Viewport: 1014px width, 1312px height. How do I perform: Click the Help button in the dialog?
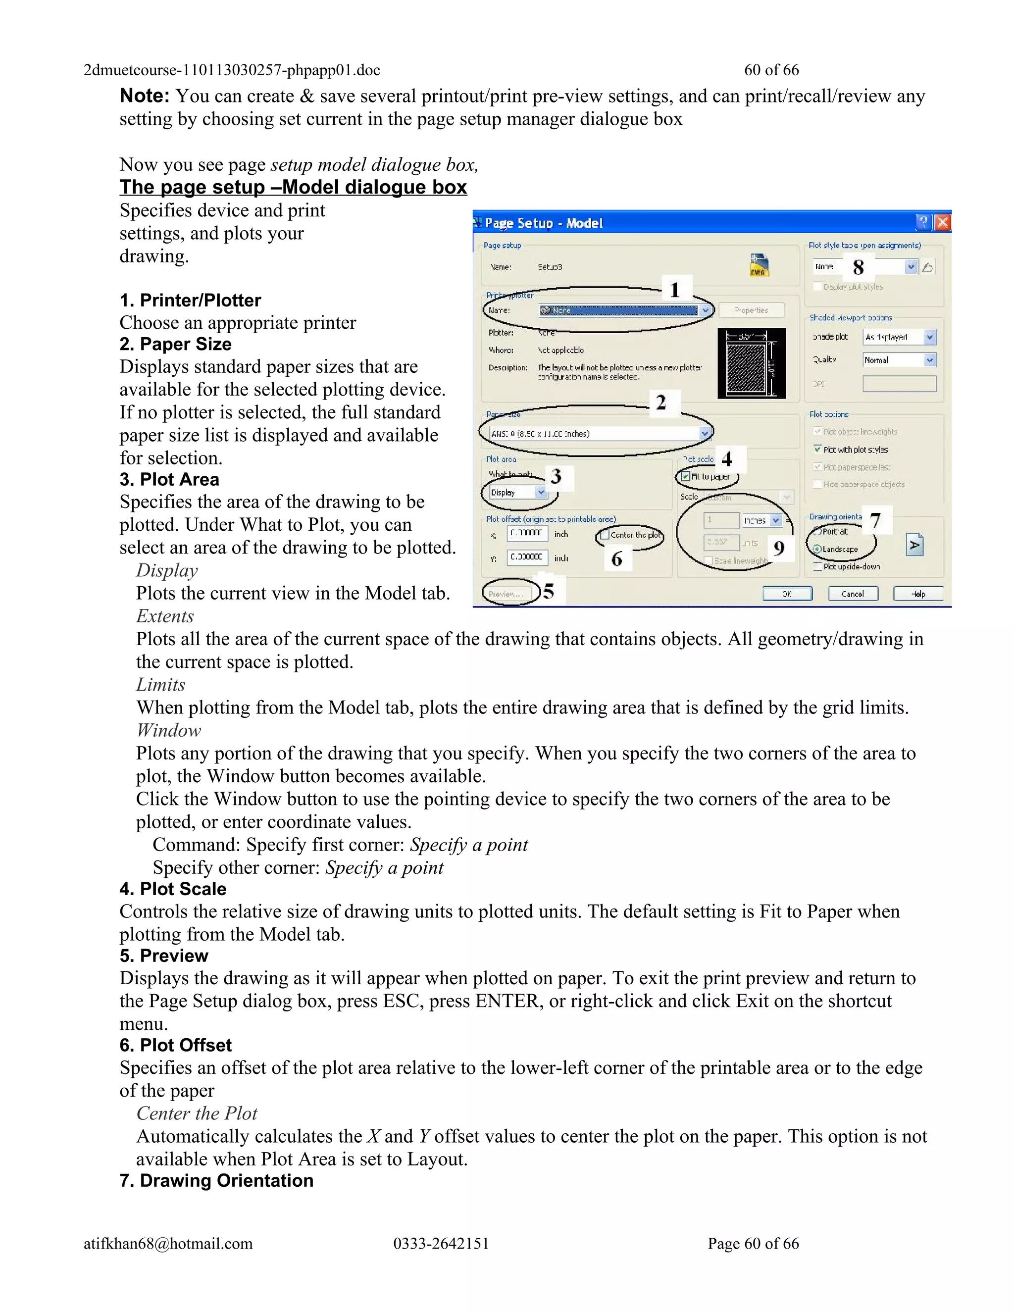918,594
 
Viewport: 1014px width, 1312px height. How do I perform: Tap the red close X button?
943,223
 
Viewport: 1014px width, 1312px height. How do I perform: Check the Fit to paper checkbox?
685,476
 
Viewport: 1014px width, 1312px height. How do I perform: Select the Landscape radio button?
817,549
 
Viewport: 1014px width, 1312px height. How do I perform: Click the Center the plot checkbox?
605,535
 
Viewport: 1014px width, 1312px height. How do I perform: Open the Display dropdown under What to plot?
541,493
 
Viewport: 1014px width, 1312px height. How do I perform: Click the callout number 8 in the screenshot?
859,267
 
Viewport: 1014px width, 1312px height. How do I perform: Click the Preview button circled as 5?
505,594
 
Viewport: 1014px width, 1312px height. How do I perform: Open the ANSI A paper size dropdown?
705,433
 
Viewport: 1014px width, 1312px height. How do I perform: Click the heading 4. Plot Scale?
173,889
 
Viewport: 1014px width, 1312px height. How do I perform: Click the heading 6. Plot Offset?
175,1045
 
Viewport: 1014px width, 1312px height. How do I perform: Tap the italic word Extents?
165,616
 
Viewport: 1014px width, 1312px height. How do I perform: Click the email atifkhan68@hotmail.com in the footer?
168,1244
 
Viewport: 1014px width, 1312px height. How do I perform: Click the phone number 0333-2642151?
441,1244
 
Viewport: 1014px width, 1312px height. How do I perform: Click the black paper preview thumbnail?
752,363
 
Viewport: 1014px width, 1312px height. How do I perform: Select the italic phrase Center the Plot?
197,1114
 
